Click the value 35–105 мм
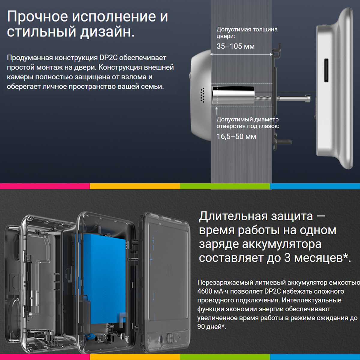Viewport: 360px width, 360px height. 235,46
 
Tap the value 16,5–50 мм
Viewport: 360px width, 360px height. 236,136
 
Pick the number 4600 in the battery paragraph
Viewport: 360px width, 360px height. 205,291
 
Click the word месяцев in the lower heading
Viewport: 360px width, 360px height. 319,258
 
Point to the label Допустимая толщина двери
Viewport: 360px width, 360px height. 247,33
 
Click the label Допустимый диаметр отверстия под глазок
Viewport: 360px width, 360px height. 247,123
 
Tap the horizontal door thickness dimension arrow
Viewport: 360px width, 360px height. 241,55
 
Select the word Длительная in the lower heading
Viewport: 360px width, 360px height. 233,216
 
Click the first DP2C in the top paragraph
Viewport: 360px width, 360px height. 108,58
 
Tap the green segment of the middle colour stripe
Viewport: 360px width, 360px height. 225,186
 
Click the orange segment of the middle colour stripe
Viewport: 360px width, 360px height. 135,186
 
